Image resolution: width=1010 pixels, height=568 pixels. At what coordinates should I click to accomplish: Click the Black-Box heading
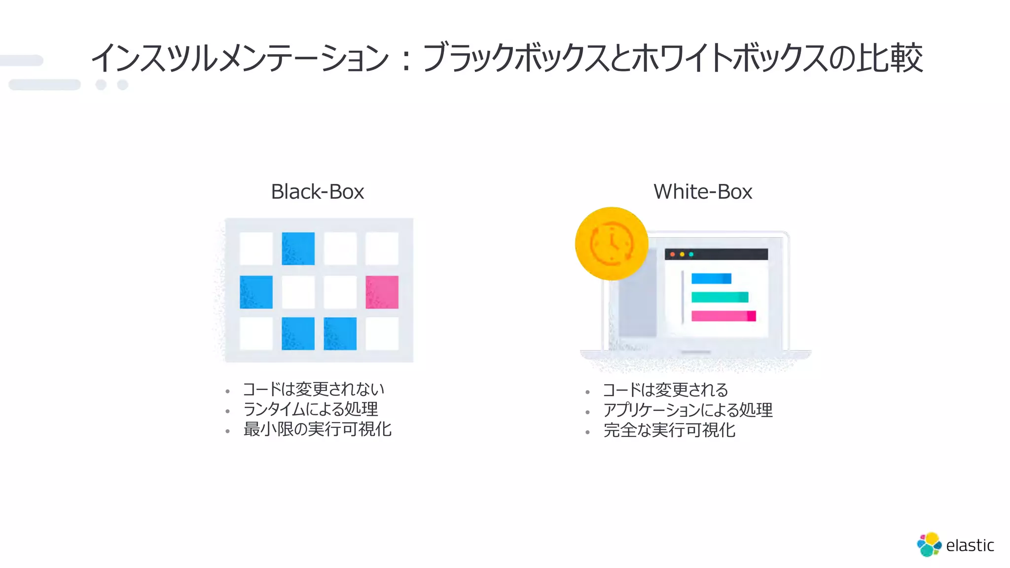(317, 192)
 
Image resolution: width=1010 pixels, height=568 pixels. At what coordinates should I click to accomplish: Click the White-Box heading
(703, 192)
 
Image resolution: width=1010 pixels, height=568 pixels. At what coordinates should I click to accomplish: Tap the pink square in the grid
(382, 292)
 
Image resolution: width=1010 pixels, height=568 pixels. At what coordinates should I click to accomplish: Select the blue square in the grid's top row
(298, 248)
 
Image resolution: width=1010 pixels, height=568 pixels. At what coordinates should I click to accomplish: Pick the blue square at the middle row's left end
(256, 292)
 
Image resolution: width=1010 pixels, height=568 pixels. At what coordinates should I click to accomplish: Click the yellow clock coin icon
(612, 244)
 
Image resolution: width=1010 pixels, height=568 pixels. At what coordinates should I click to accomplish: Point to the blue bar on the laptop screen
(711, 279)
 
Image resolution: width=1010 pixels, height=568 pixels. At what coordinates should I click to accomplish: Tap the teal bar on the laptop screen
(720, 297)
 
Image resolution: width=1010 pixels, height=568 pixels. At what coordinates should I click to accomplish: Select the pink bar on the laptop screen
(723, 316)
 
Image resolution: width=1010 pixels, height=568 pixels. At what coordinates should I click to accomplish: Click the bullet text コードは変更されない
(313, 390)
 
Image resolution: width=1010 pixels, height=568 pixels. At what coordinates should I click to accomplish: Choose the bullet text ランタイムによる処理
(311, 409)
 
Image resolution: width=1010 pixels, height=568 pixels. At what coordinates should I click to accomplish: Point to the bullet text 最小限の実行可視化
(317, 429)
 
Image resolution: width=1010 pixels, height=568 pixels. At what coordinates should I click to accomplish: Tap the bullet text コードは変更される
(665, 390)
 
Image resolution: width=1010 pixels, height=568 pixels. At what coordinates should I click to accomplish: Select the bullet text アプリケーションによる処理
(688, 410)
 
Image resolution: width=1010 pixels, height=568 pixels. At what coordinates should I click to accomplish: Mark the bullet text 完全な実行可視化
(669, 430)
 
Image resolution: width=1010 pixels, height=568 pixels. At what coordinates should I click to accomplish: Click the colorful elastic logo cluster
(929, 544)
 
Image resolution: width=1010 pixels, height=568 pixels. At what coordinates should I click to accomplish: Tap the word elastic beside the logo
(970, 545)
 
